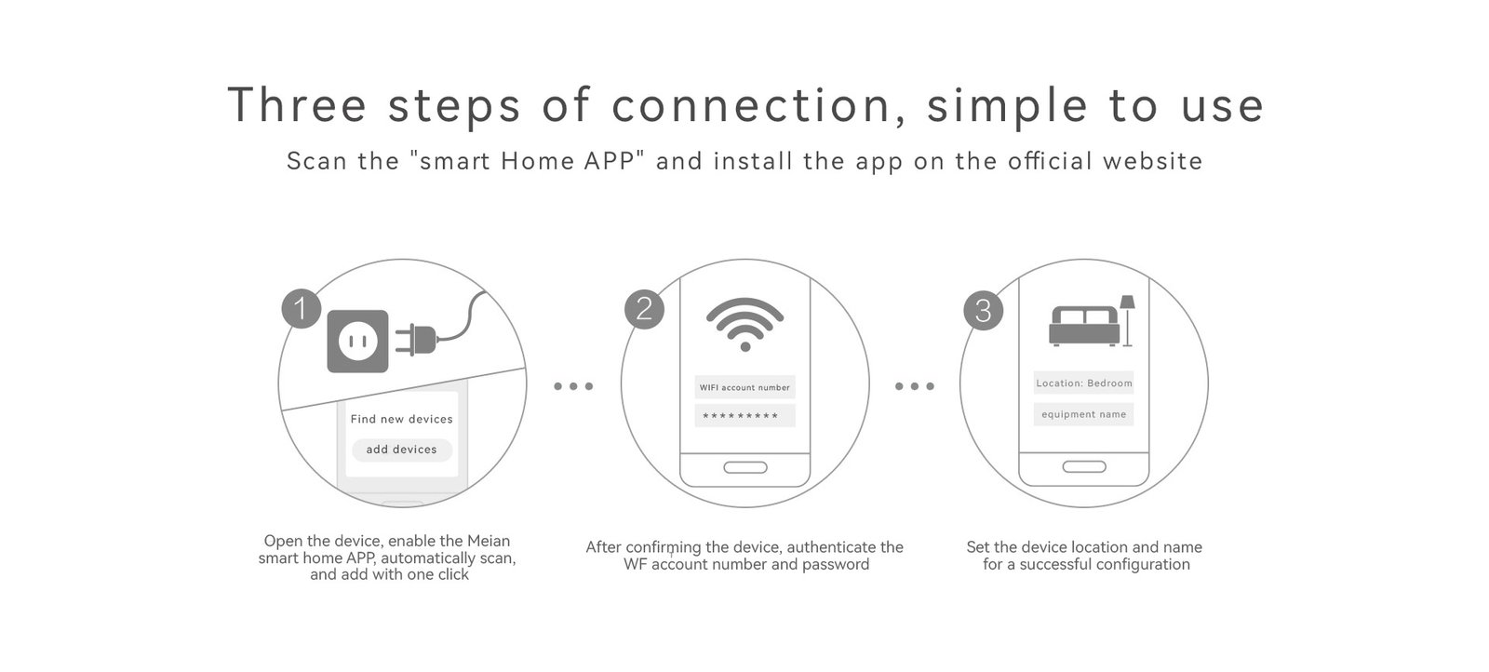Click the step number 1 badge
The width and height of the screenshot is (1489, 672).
pyautogui.click(x=302, y=308)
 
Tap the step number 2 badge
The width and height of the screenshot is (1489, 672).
pyautogui.click(x=644, y=309)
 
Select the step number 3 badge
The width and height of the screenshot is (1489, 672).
pyautogui.click(x=983, y=311)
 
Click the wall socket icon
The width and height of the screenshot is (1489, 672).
pyautogui.click(x=357, y=341)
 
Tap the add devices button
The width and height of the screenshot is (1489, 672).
pyautogui.click(x=401, y=450)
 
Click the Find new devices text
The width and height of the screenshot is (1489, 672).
pyautogui.click(x=401, y=419)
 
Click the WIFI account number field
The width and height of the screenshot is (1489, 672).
pyautogui.click(x=745, y=387)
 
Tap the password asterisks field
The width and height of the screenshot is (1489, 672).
pyautogui.click(x=745, y=416)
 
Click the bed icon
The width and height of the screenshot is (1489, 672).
pyautogui.click(x=1083, y=326)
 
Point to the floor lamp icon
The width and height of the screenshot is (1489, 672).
pyautogui.click(x=1127, y=321)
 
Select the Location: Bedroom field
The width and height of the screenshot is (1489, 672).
pyautogui.click(x=1083, y=383)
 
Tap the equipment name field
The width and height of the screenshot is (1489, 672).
pyautogui.click(x=1083, y=414)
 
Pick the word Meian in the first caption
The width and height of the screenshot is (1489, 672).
pyautogui.click(x=489, y=541)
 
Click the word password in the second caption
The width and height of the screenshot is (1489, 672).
pyautogui.click(x=836, y=564)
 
